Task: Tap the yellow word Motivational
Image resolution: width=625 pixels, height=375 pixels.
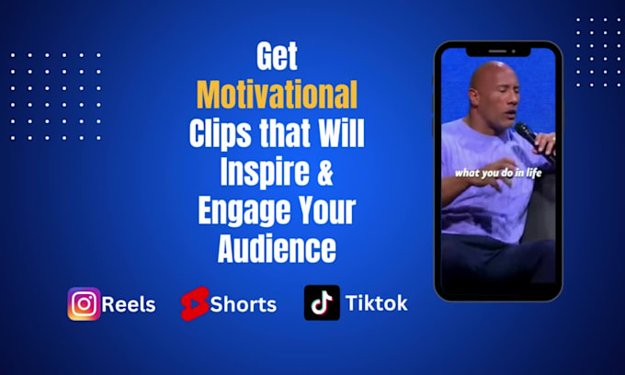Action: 277,96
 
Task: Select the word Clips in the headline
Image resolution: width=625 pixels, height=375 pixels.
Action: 219,134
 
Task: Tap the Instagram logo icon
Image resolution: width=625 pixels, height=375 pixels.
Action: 84,303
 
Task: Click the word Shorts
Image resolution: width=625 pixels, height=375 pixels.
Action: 243,304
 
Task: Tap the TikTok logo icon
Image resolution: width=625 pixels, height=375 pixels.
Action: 322,303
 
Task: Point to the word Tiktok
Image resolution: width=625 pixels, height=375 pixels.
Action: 377,303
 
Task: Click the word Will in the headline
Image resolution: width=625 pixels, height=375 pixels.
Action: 341,134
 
